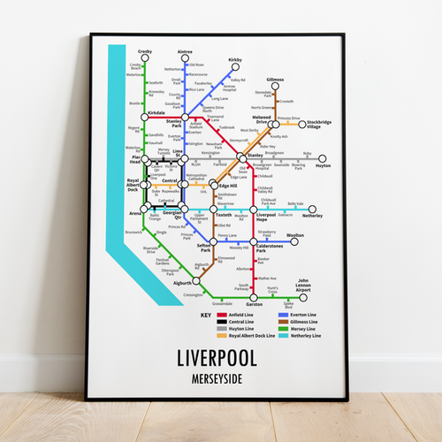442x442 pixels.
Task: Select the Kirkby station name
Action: click(235, 60)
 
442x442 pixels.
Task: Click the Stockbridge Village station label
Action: click(320, 125)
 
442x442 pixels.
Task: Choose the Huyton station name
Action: click(323, 165)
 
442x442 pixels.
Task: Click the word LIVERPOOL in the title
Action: click(217, 359)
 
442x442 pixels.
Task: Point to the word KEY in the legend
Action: click(206, 316)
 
